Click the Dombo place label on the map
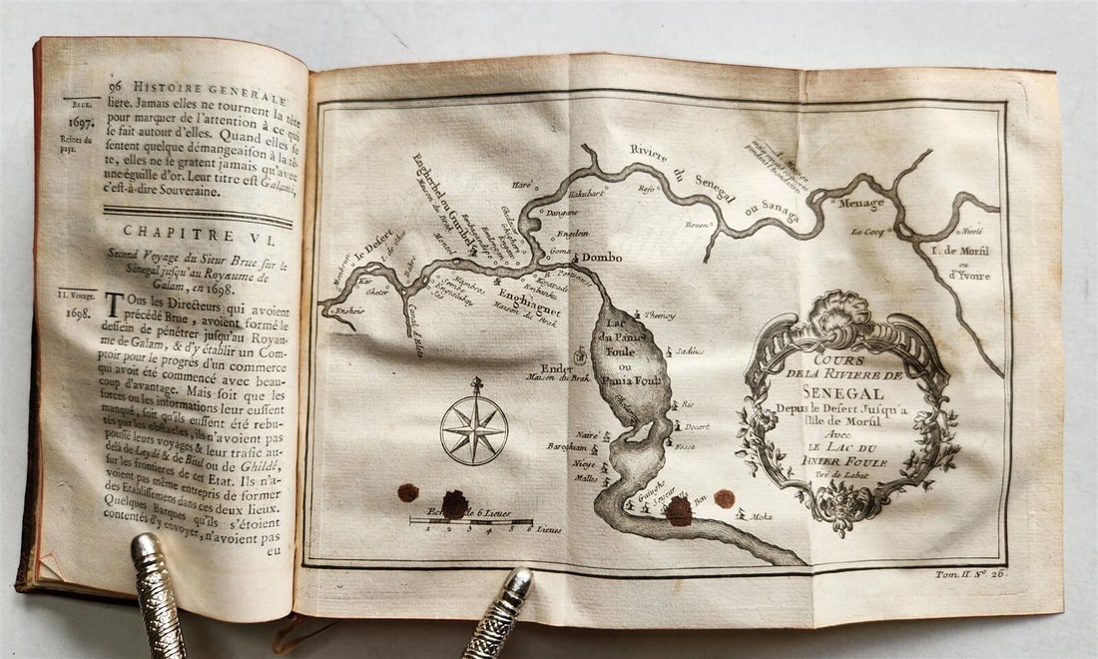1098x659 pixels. (601, 256)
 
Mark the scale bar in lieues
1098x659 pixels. (470, 520)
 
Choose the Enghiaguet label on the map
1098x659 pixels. (529, 299)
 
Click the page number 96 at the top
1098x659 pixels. (119, 87)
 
